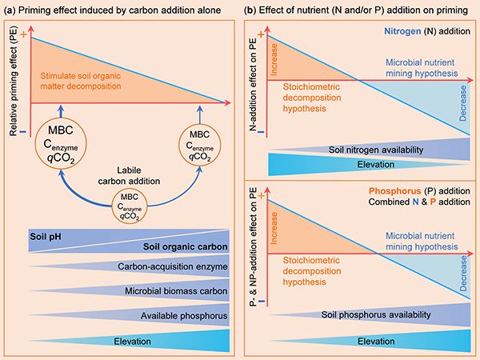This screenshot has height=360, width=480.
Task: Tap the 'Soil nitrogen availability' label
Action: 373,149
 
